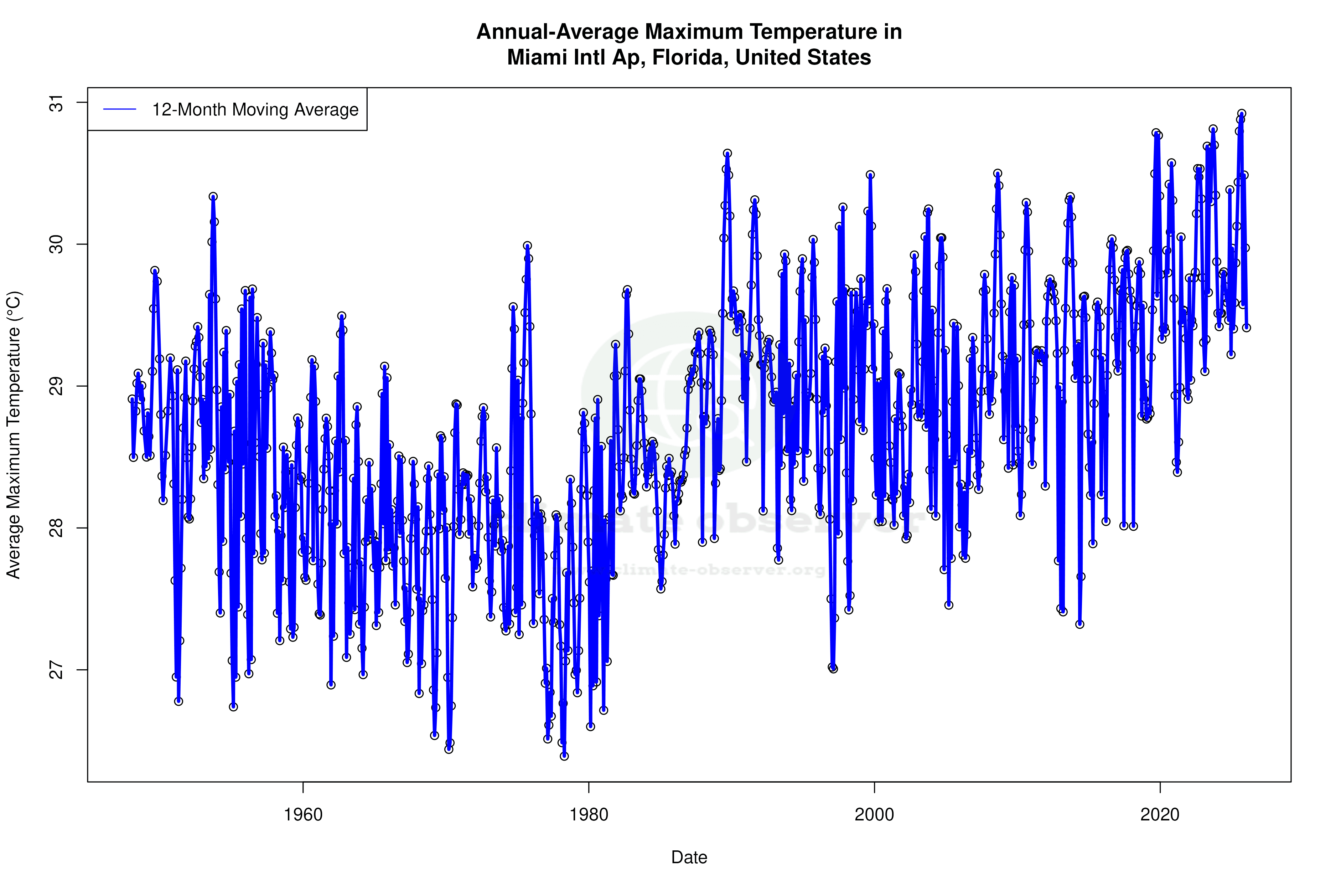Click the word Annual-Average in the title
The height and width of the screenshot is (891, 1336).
pos(556,32)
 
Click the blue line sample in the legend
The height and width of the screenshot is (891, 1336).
pos(120,109)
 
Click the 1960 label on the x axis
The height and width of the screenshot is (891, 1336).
pos(303,815)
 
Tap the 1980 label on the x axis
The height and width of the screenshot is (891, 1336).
pos(589,815)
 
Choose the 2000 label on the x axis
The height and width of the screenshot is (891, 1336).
pos(874,815)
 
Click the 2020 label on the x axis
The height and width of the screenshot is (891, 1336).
pos(1160,815)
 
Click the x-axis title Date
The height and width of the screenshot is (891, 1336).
pos(689,857)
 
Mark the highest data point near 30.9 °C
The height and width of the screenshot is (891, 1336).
pos(1242,114)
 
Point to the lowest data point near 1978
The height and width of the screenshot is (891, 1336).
pos(564,756)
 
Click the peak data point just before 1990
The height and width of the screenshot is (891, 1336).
pos(727,153)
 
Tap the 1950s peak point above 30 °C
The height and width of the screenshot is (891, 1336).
pos(213,197)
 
